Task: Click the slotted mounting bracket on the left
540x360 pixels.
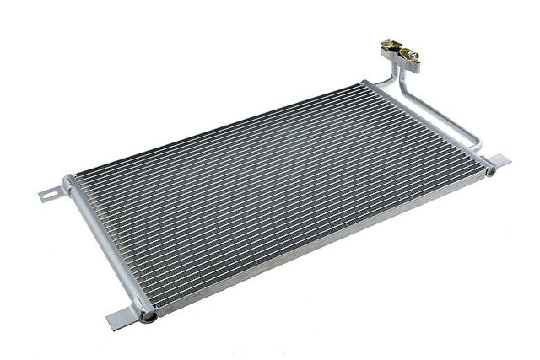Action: click(x=52, y=192)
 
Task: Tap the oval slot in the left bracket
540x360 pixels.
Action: click(x=49, y=195)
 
